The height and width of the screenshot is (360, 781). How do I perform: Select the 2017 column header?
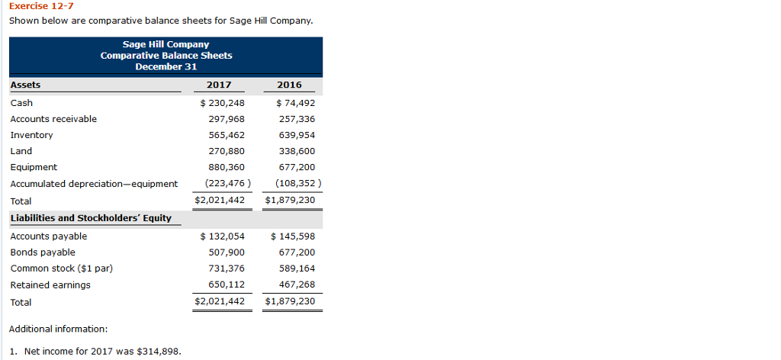(219, 85)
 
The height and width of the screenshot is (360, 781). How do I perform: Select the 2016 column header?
(290, 85)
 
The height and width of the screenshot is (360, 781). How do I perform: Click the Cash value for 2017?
(222, 103)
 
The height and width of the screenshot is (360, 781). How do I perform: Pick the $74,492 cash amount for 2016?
(293, 103)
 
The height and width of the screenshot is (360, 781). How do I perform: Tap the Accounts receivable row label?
(53, 119)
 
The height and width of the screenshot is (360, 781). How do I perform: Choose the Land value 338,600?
(297, 151)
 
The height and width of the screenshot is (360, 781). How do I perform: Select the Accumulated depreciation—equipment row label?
(94, 184)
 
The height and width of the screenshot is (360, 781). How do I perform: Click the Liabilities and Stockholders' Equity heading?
(91, 218)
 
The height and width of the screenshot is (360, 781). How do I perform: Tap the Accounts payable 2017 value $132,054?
(222, 236)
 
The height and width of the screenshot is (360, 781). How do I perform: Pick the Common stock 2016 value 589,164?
(297, 268)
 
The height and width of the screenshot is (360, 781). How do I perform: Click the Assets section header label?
(25, 85)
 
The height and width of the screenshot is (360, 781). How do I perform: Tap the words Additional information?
(59, 329)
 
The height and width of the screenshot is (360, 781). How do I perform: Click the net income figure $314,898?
(159, 352)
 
